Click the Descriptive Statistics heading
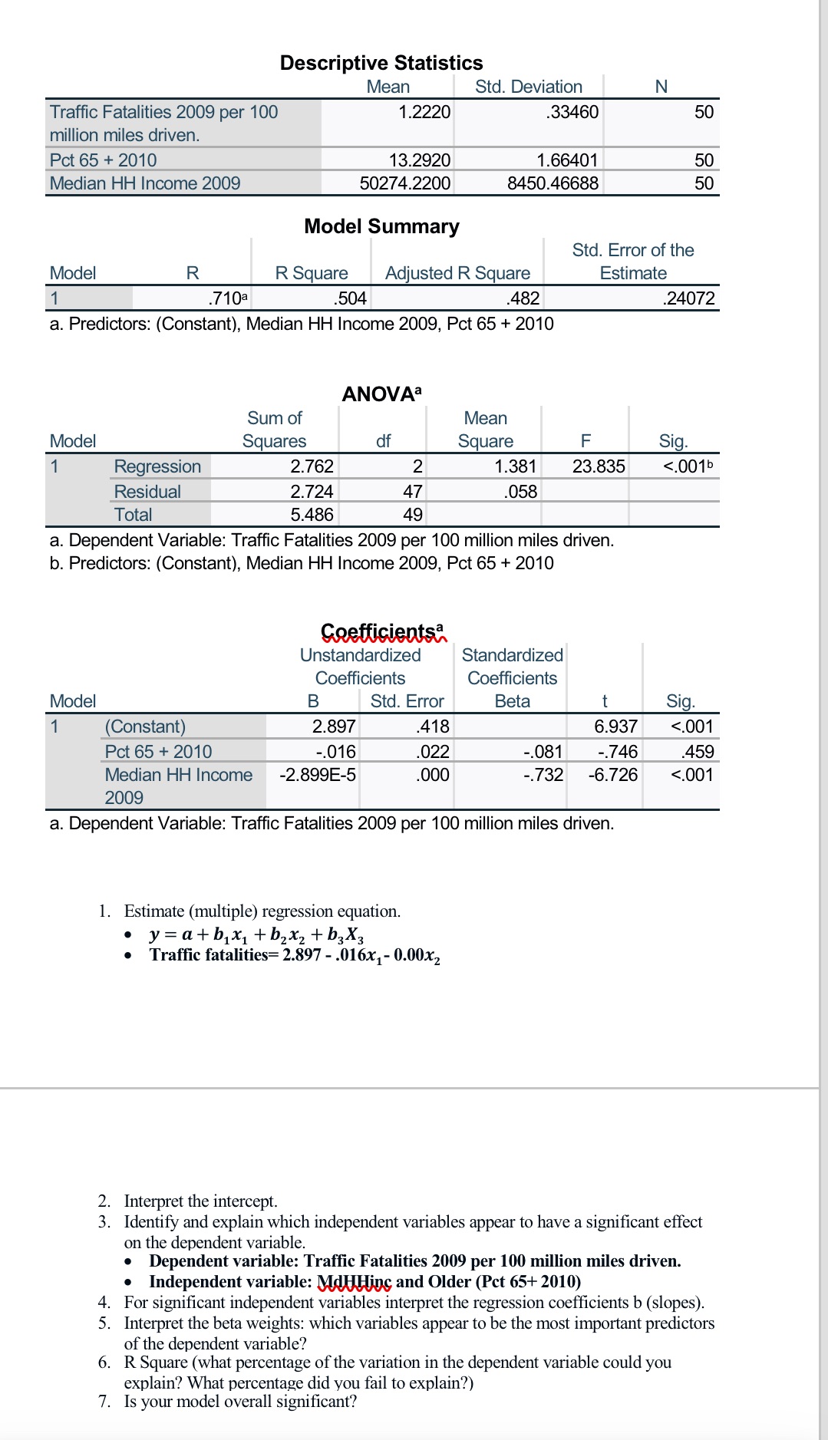[x=381, y=63]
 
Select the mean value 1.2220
[x=424, y=112]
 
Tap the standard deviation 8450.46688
[x=553, y=183]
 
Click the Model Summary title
[x=381, y=226]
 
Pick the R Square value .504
[x=351, y=298]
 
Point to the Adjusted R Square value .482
[x=523, y=298]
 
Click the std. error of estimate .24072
[x=688, y=298]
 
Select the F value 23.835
[x=599, y=466]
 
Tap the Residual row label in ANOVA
[x=147, y=492]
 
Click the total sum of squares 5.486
[x=312, y=515]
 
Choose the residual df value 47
[x=413, y=492]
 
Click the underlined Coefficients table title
[x=382, y=631]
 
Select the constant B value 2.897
[x=334, y=727]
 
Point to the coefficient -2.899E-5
[x=318, y=775]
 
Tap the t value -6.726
[x=612, y=775]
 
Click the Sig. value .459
[x=698, y=752]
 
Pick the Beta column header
[x=512, y=701]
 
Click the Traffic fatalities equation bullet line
[x=295, y=955]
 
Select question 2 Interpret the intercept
[x=200, y=1201]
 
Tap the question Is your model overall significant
[x=240, y=1402]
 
